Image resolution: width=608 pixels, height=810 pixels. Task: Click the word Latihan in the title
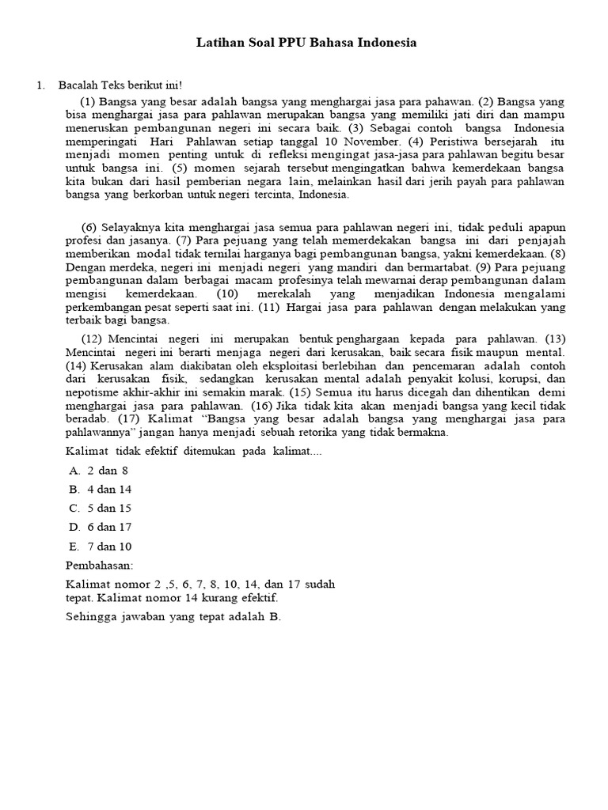(219, 43)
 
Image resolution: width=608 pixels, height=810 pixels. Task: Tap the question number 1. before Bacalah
(40, 85)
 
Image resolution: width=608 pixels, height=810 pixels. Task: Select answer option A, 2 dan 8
(98, 470)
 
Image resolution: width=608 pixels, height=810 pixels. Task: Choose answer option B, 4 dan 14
(101, 489)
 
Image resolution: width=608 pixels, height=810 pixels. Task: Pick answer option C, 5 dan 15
(101, 508)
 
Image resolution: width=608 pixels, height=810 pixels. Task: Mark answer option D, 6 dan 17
(101, 527)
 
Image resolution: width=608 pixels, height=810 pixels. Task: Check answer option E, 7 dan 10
(101, 546)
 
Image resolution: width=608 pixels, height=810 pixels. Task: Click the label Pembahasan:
(99, 566)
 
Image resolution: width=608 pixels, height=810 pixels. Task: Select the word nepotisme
(91, 392)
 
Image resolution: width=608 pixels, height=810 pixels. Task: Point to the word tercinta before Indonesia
(271, 195)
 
